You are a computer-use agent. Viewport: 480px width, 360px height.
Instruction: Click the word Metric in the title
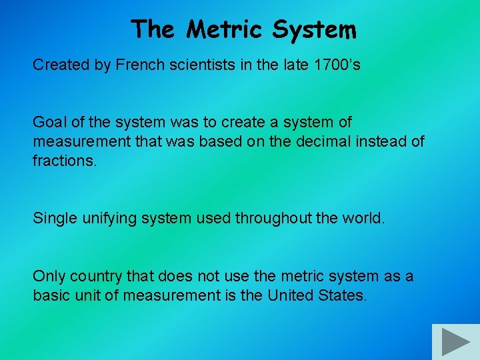point(225,29)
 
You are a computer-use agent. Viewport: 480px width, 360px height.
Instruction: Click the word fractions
point(65,161)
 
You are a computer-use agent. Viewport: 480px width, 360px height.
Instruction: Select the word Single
point(54,219)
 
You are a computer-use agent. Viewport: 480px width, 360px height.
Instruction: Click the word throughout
point(274,219)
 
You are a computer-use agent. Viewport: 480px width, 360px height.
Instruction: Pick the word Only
point(48,276)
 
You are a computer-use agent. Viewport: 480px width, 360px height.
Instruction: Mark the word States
point(343,295)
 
